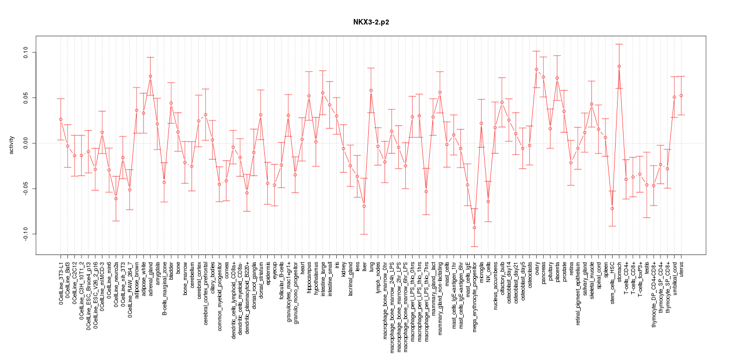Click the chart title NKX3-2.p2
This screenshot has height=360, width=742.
click(371, 22)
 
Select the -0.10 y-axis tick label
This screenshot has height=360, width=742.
click(26, 234)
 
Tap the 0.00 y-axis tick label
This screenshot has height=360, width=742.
click(26, 143)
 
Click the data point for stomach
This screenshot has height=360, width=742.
click(619, 66)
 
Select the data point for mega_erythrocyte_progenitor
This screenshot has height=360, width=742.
click(474, 227)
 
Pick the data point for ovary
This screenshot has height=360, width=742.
click(536, 69)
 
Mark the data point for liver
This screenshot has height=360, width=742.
click(364, 206)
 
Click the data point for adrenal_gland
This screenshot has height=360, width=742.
click(150, 76)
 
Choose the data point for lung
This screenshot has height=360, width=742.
click(371, 90)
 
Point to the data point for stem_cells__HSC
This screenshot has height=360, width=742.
click(612, 208)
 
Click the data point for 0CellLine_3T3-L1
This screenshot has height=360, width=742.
click(60, 119)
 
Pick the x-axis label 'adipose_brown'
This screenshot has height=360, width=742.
click(136, 277)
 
